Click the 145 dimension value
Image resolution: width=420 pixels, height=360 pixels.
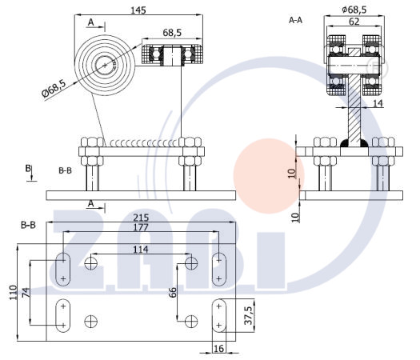point(138,10)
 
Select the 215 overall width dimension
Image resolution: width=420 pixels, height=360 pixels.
point(141,218)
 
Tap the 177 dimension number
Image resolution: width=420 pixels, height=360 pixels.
point(141,227)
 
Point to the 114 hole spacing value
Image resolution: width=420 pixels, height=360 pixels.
point(141,250)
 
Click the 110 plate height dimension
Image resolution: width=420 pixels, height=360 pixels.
point(13,293)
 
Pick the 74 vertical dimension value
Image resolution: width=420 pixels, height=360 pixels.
point(25,293)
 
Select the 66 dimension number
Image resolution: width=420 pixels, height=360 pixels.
point(173,292)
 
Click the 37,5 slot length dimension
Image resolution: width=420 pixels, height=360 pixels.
point(249,315)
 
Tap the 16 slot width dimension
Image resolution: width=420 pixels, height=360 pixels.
point(218,349)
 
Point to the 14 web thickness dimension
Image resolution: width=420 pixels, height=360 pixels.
point(378,103)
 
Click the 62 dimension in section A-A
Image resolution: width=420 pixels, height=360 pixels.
point(354,22)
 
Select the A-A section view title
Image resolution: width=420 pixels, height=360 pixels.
point(295,20)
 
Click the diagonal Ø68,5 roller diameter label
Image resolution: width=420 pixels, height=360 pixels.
point(54,88)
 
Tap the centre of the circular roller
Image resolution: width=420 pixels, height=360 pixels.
point(105,65)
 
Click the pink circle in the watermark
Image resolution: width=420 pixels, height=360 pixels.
point(269,176)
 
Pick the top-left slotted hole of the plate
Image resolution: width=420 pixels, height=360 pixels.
point(63,269)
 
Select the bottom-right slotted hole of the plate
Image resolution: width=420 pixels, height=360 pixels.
point(219,316)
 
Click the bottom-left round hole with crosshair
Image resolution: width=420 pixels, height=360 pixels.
point(91,322)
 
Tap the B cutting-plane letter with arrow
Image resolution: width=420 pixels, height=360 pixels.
point(30,173)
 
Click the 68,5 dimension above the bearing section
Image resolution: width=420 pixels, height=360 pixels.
point(172,33)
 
